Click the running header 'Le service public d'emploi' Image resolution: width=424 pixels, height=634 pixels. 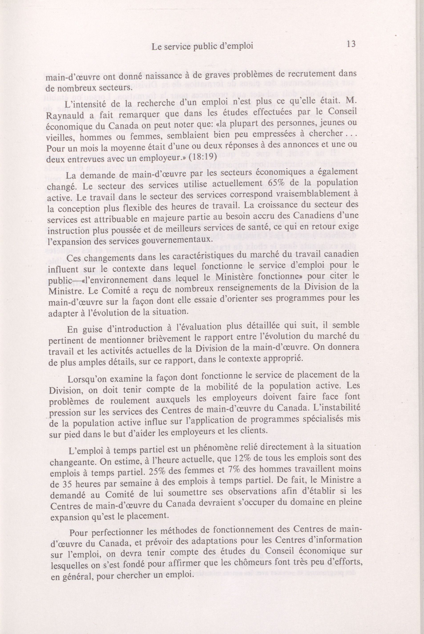pos(202,46)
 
